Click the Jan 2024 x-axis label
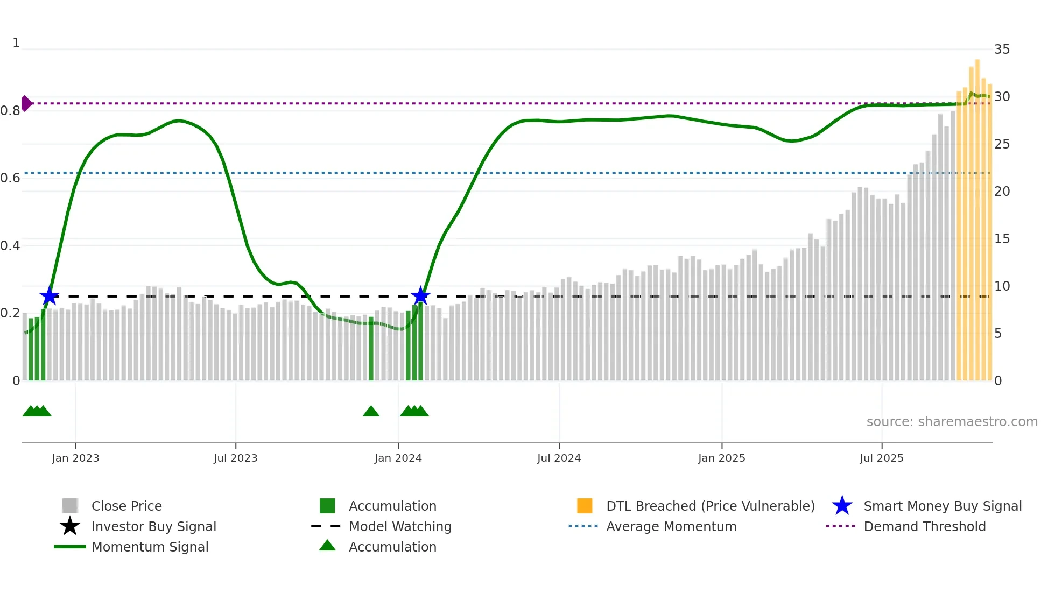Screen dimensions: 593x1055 [x=398, y=458]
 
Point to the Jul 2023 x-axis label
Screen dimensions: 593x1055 [x=235, y=458]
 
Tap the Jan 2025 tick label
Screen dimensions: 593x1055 [x=721, y=458]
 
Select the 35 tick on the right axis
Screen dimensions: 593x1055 [x=1002, y=50]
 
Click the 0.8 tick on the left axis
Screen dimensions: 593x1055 [x=10, y=111]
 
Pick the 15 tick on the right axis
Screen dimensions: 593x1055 [x=1002, y=238]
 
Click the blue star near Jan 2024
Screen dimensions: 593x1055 [x=420, y=295]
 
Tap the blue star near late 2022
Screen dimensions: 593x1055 [x=49, y=295]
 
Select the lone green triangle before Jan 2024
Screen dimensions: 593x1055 [x=371, y=412]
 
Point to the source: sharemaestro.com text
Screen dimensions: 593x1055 [x=952, y=421]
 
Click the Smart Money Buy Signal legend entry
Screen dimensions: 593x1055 [x=942, y=506]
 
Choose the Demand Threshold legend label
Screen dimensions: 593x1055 [x=924, y=526]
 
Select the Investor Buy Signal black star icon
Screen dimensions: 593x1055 [x=70, y=526]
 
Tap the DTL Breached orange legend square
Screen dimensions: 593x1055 [x=585, y=506]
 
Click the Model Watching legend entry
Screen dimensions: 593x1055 [x=399, y=526]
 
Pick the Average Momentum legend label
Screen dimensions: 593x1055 [x=671, y=526]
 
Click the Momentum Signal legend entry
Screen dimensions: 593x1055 [x=150, y=547]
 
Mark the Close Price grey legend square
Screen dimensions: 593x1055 [x=70, y=506]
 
